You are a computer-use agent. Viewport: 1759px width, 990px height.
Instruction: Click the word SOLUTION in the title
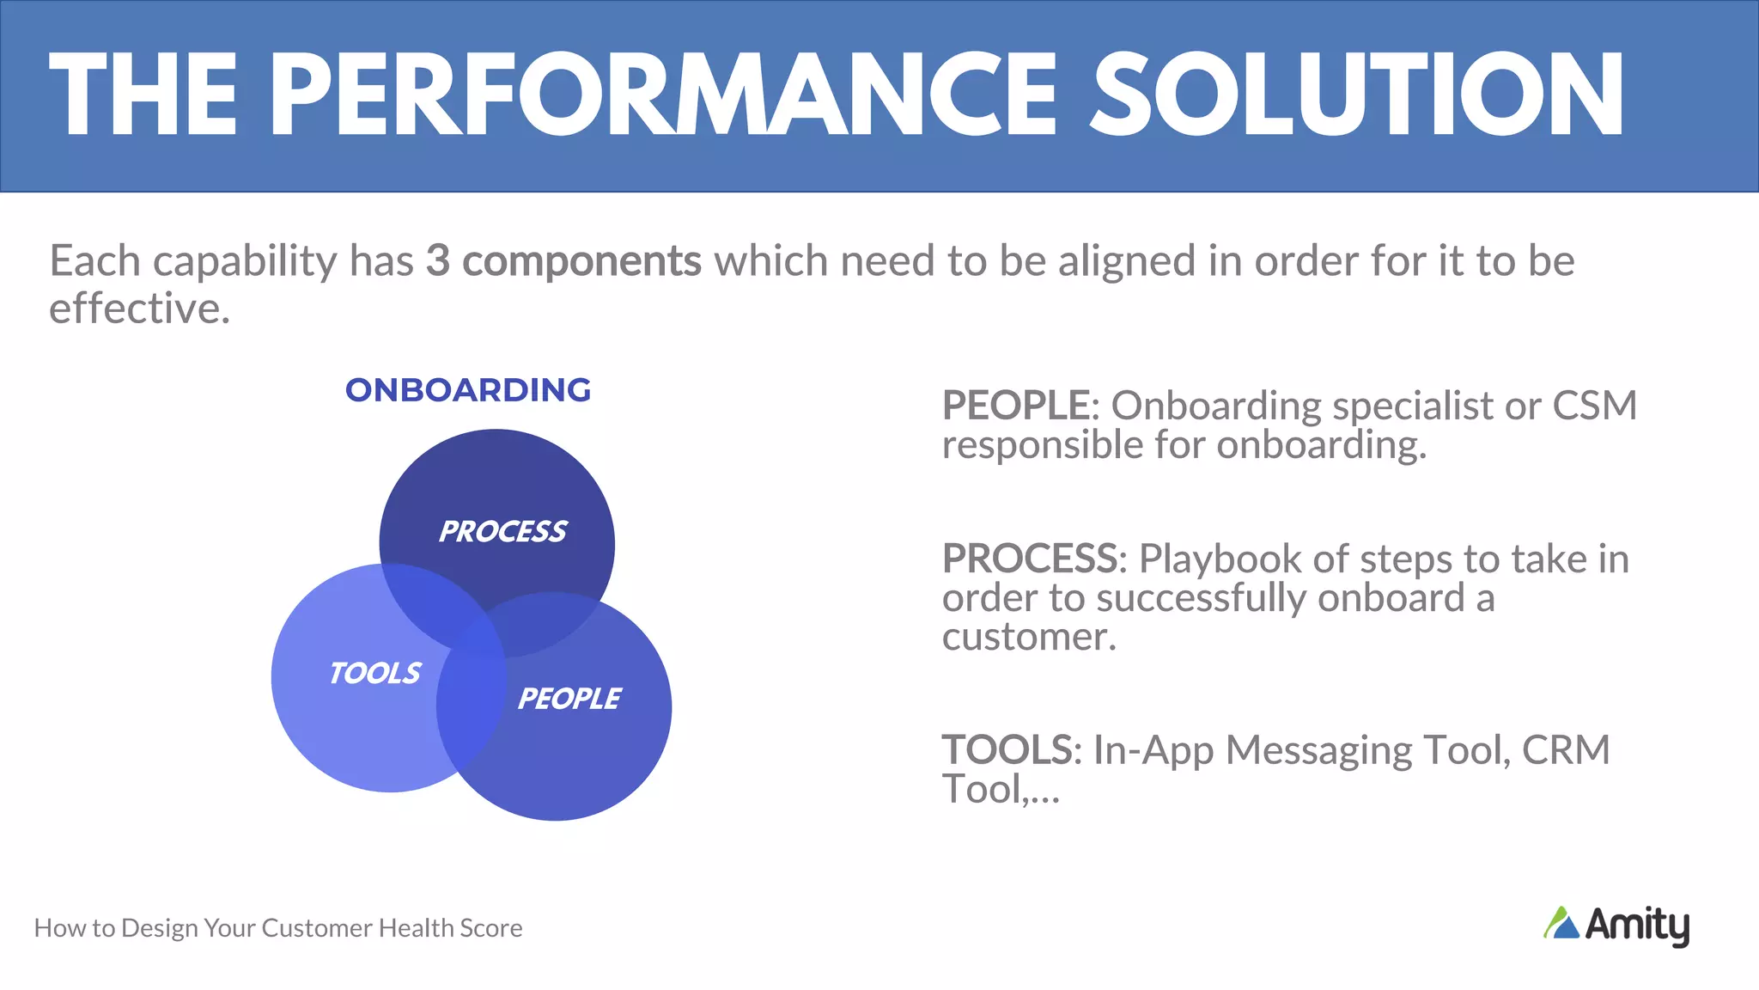(x=1357, y=95)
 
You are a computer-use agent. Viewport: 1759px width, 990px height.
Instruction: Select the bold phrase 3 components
(x=563, y=260)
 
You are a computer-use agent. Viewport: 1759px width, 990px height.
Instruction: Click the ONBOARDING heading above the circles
(x=468, y=390)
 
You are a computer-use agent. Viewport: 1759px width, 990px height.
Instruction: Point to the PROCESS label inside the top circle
(x=502, y=532)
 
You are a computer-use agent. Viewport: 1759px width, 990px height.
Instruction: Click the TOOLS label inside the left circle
(x=375, y=673)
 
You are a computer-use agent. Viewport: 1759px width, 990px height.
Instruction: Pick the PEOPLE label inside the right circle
(x=569, y=699)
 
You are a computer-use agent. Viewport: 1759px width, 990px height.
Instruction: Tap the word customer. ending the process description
(x=1029, y=637)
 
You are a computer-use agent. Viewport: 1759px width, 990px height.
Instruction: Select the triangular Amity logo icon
(x=1561, y=924)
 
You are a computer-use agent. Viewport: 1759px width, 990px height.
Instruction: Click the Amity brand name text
(x=1637, y=926)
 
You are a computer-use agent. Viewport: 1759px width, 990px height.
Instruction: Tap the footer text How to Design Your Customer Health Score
(x=278, y=928)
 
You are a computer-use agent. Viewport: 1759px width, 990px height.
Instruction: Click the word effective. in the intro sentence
(x=139, y=309)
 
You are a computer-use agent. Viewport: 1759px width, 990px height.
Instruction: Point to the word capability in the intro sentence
(x=245, y=260)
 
